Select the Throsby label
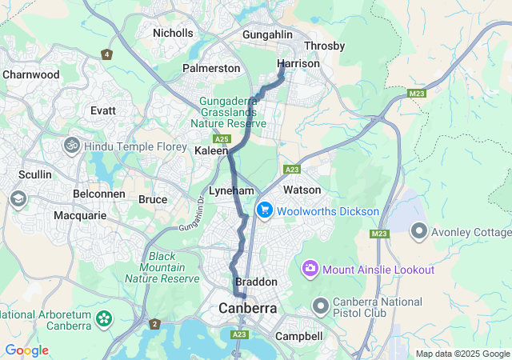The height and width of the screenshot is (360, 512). tap(324, 46)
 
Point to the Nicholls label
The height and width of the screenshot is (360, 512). tap(174, 33)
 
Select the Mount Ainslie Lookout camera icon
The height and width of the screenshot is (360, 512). tap(310, 269)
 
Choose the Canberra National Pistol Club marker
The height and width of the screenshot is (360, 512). tap(321, 306)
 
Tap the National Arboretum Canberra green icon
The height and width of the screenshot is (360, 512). tap(103, 318)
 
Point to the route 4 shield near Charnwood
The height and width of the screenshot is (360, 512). tap(106, 54)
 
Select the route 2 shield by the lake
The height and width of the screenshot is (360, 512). tap(154, 324)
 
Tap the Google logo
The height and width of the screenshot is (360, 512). tap(26, 350)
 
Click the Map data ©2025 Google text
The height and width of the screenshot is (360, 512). tap(462, 354)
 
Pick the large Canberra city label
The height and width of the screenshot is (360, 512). tap(248, 308)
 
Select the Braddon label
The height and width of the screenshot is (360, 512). tap(257, 282)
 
